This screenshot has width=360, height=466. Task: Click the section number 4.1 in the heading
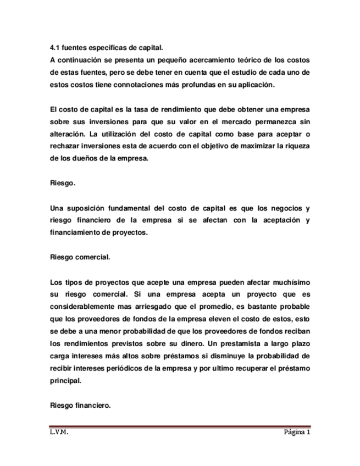54,48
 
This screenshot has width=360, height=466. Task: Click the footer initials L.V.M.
59,432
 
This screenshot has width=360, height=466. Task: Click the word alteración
70,134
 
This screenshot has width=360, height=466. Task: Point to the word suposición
91,208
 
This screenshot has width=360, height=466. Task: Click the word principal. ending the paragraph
65,381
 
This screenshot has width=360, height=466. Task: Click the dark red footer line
180,426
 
